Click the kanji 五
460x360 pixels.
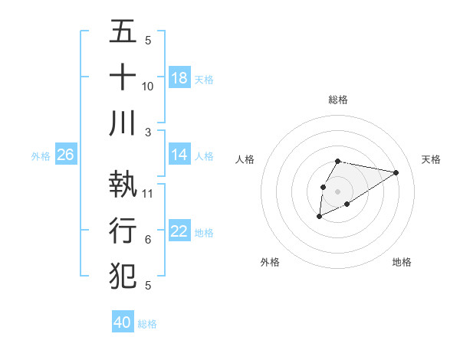coord(123,33)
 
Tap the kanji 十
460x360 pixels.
coord(123,77)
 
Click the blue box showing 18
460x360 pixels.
coord(179,78)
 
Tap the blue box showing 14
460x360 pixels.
coord(179,155)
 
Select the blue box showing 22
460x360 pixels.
coord(179,231)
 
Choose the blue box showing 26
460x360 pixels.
coord(65,155)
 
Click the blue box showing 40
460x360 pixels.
coord(123,322)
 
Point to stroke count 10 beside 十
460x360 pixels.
coord(148,86)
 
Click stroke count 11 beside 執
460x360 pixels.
coord(148,193)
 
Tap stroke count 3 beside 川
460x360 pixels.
coord(148,132)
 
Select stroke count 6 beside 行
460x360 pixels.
coord(148,240)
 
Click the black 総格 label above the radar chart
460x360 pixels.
coord(338,100)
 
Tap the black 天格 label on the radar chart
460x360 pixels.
coord(432,159)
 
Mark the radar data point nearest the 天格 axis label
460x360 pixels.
coord(396,172)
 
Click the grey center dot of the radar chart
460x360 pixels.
coord(337,191)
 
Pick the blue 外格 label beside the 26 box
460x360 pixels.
coord(41,156)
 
